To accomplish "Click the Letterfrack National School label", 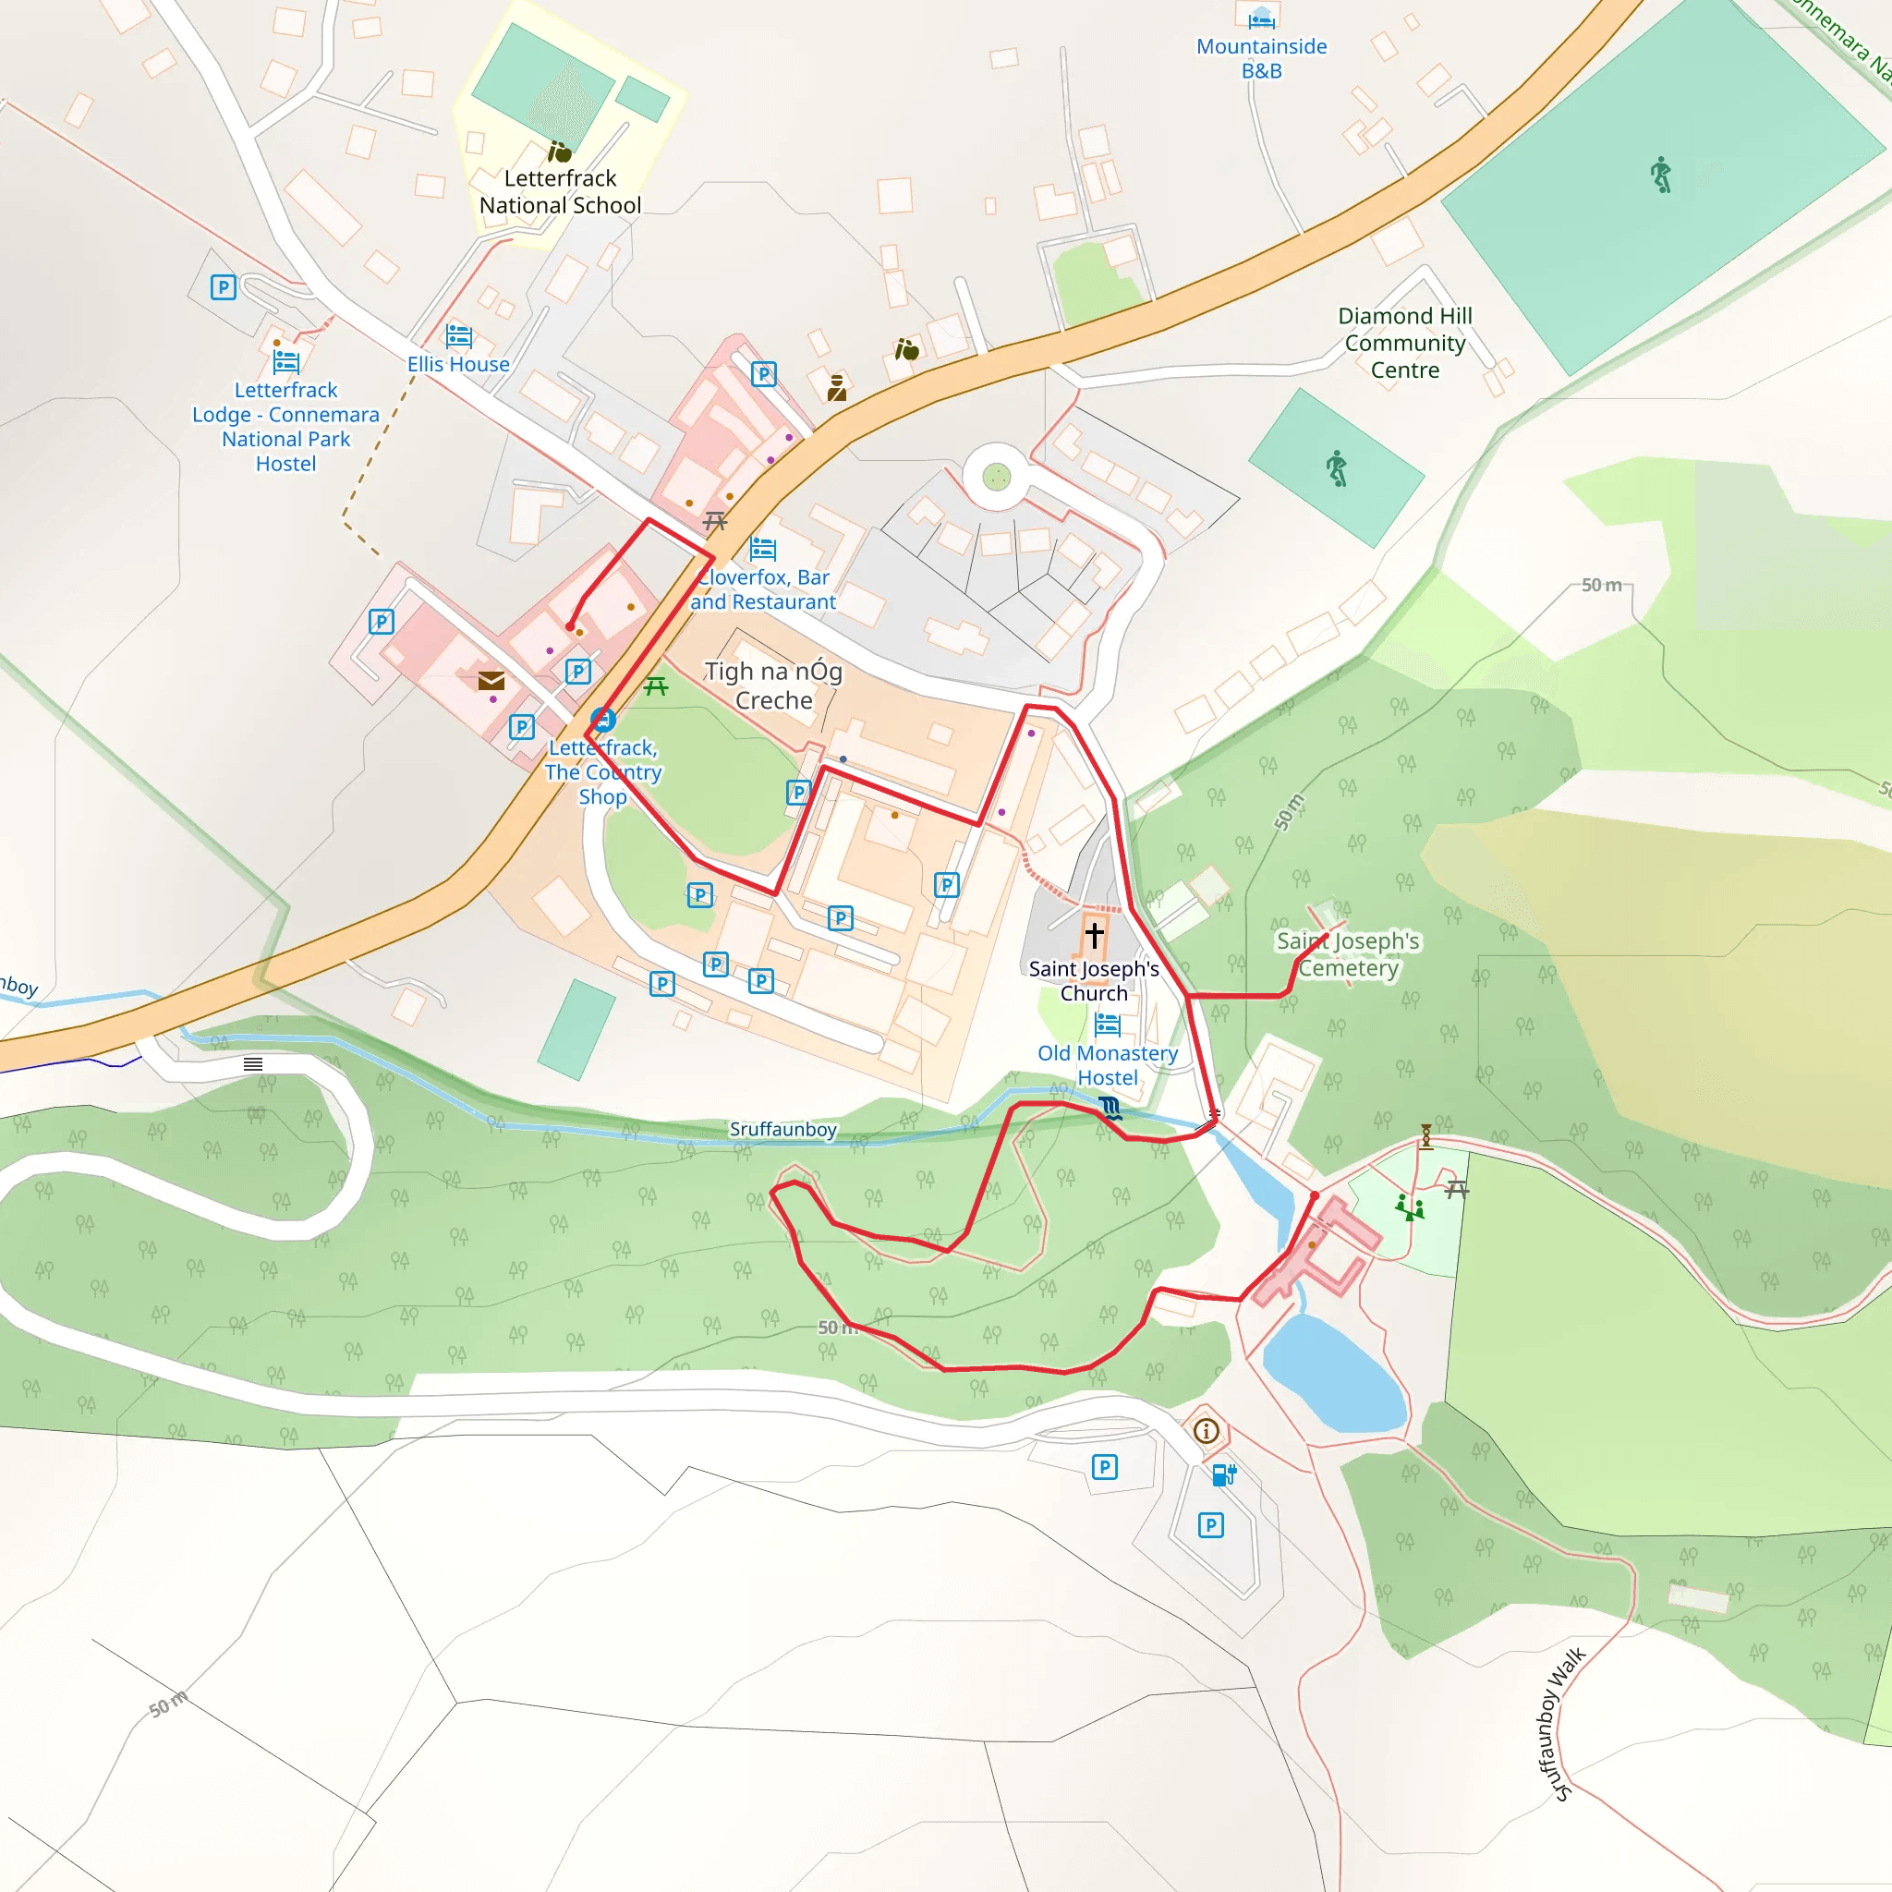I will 560,192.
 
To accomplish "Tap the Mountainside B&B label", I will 1261,58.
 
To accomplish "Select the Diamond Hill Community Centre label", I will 1404,343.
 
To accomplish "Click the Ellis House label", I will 458,364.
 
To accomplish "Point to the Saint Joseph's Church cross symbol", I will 1094,934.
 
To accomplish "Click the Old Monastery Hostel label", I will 1108,1064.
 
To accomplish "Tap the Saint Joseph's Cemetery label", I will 1348,953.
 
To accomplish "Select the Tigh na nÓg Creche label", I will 773,685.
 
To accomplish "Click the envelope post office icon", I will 491,681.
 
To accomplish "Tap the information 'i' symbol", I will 1207,1431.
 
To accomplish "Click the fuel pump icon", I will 1224,1474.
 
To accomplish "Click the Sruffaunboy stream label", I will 782,1129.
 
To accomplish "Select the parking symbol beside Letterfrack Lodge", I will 224,287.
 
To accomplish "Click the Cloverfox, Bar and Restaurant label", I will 763,589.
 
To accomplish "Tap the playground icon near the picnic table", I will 1409,1207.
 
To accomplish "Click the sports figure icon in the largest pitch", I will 1661,176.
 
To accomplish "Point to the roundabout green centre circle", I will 996,477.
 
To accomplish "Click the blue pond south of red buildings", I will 1335,1374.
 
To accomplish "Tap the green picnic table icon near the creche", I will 656,686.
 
